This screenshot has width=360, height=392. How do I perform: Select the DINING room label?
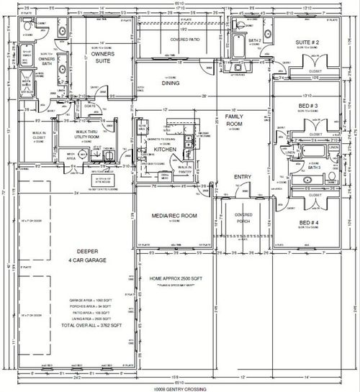click(170, 83)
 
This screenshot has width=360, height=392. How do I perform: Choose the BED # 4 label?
click(310, 223)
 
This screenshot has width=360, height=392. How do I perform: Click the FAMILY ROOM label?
click(235, 120)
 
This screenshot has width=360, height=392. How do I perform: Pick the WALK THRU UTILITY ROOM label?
click(92, 135)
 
